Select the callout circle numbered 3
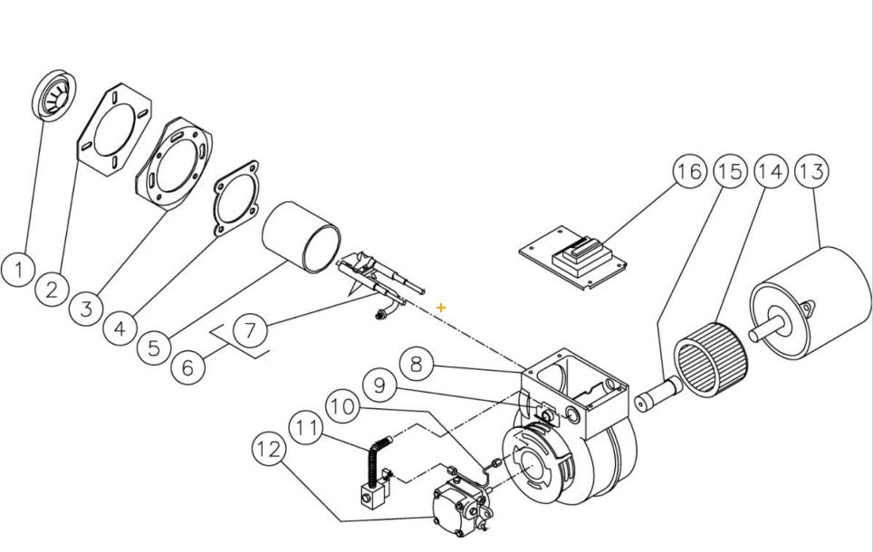point(87,309)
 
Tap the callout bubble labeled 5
point(155,346)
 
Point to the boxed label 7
point(254,331)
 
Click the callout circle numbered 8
point(416,366)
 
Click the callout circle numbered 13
point(813,171)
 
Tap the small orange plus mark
point(441,308)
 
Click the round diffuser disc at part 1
point(54,93)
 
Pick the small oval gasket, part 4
point(236,200)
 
